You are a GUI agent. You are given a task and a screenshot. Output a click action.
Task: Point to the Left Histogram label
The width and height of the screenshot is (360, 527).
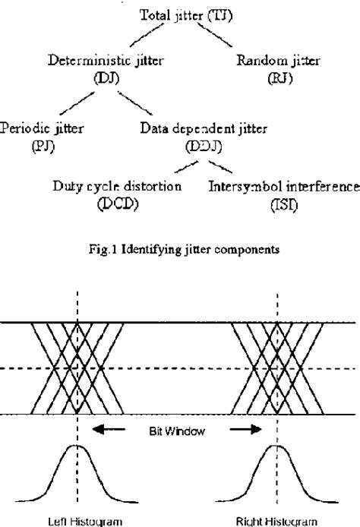[78, 520]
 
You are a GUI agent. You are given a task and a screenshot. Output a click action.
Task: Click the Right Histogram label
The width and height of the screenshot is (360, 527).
[277, 520]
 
